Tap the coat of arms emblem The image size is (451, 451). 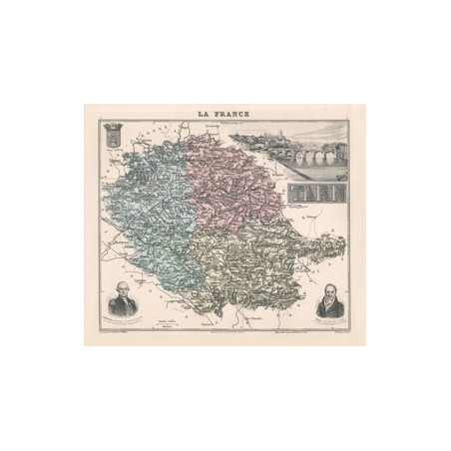coord(112,141)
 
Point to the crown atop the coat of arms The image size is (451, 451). coord(112,128)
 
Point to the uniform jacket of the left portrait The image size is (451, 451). coord(123,307)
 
